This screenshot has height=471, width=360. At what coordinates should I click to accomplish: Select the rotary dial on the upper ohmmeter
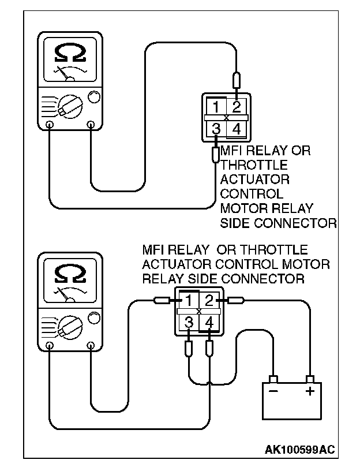coord(70,107)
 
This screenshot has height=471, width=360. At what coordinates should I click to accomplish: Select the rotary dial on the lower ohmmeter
coord(70,328)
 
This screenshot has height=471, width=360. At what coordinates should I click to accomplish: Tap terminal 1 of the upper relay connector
coord(216,107)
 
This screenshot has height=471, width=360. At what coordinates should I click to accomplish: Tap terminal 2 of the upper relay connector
coord(237,107)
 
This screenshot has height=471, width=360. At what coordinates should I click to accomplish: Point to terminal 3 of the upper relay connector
coord(216,129)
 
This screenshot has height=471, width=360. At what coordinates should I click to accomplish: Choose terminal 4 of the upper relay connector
coord(237,129)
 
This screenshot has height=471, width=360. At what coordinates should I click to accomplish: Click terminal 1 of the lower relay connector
coord(188,300)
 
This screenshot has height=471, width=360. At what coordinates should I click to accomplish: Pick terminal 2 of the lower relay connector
coord(209,300)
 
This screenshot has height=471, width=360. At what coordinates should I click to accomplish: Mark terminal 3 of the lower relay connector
coord(189,322)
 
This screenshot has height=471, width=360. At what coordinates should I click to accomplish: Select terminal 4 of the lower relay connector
coord(209,322)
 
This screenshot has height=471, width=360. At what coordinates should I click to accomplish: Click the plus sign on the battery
coord(310,391)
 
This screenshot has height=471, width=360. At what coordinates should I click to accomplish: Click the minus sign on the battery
coord(273,391)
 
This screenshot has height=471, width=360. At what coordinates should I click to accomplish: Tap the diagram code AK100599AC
coord(299,450)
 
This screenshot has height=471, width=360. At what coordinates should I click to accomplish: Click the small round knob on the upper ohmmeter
coord(94,97)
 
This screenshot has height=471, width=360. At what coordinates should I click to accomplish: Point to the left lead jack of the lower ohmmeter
coord(50,345)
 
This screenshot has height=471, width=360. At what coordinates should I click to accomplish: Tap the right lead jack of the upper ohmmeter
coord(91,124)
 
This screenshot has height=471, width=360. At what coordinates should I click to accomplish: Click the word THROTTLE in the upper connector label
coord(254,165)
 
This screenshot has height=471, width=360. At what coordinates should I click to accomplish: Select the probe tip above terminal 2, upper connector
coord(237,80)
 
